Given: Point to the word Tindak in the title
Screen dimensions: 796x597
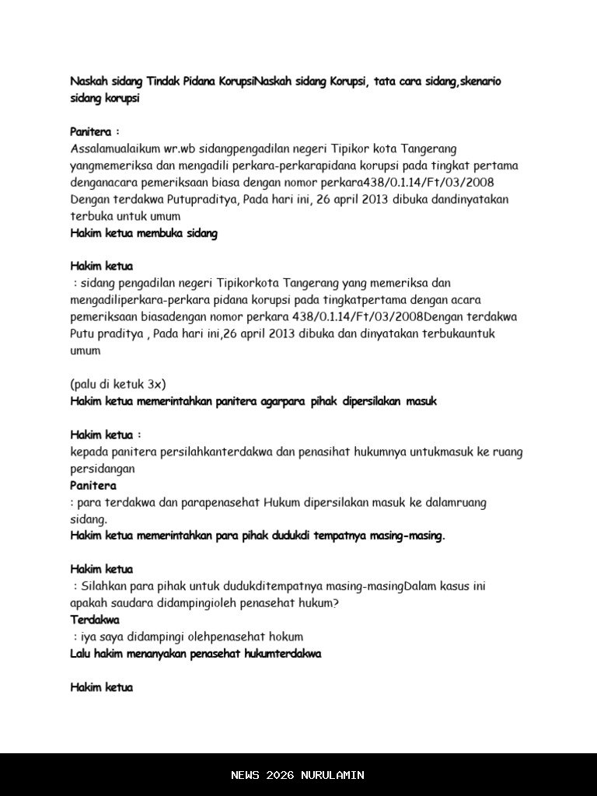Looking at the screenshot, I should (163, 82).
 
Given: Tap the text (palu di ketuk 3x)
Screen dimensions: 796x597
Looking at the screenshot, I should (117, 384).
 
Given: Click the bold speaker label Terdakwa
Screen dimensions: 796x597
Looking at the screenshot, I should (95, 620).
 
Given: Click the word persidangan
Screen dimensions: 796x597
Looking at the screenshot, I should (102, 469).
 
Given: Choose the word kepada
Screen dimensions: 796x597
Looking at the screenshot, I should (89, 452).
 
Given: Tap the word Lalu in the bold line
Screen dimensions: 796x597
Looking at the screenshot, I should (81, 655).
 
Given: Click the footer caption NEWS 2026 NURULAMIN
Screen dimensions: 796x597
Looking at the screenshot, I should (298, 775).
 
